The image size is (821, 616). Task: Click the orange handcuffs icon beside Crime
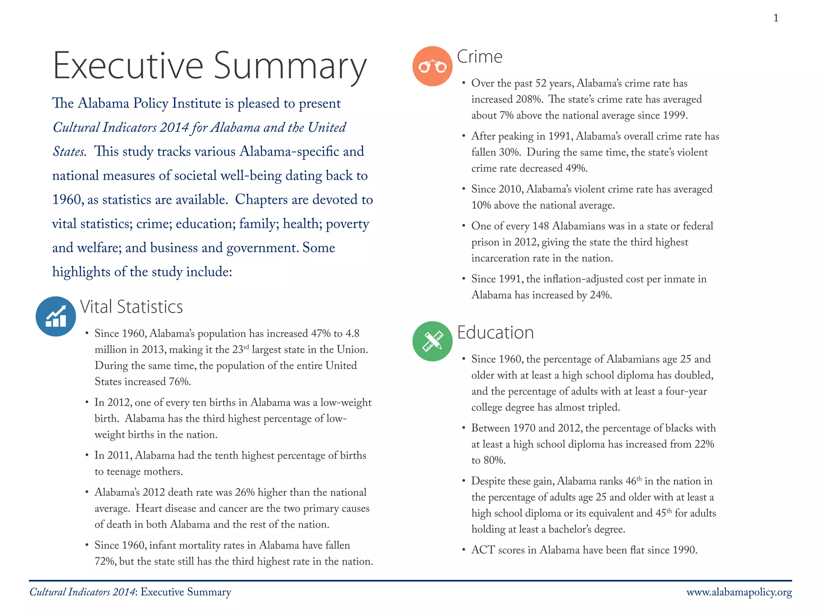[x=432, y=66]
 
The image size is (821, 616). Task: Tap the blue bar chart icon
[x=56, y=316]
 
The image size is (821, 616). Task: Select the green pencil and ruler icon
[x=432, y=341]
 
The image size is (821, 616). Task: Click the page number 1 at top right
[x=776, y=18]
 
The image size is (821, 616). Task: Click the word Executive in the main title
[x=128, y=66]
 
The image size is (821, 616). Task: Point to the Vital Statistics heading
[x=131, y=307]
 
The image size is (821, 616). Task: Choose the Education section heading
[x=495, y=332]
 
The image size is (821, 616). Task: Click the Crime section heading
[x=479, y=57]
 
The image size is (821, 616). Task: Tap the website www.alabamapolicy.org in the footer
[x=739, y=592]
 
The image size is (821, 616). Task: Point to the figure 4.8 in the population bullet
[x=352, y=334]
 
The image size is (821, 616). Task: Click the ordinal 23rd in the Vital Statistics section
[x=241, y=349]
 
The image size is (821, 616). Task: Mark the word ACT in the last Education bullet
[x=483, y=550]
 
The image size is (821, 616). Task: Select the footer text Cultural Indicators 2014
[x=82, y=592]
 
